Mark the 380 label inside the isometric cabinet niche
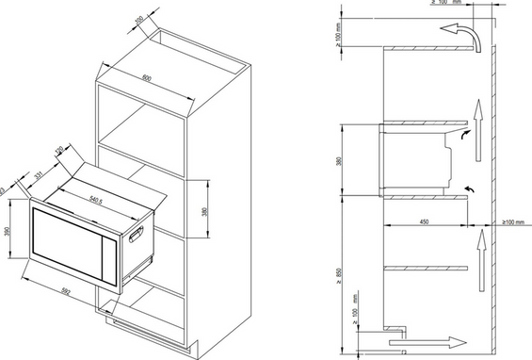[x=205, y=210]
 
